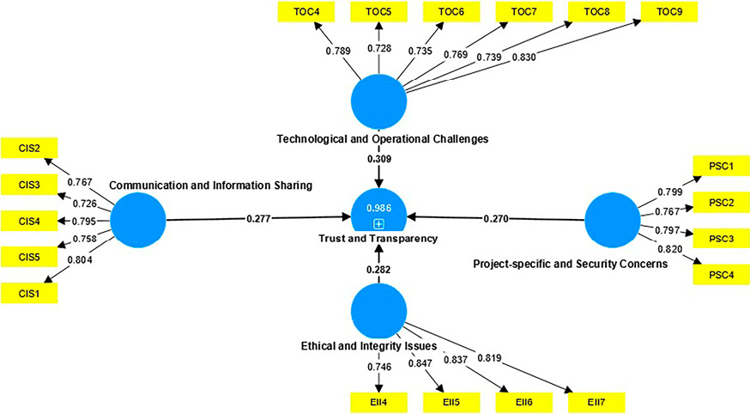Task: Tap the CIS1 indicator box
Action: click(29, 294)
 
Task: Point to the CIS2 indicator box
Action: click(29, 148)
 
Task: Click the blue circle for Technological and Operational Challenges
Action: click(378, 100)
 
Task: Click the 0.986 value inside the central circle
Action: click(378, 209)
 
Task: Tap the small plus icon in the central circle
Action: click(378, 223)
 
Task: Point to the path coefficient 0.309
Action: click(378, 160)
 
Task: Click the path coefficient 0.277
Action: click(258, 220)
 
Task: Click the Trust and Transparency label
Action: click(378, 239)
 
